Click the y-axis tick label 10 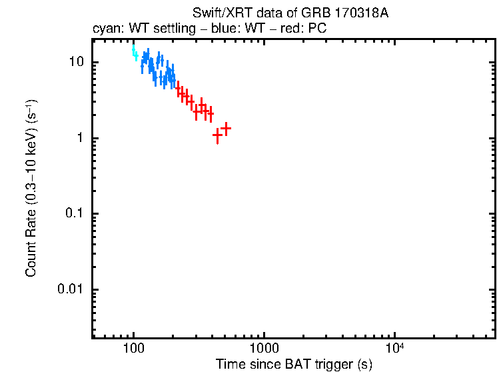pos(75,62)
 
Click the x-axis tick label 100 pos(134,349)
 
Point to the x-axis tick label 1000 pos(264,349)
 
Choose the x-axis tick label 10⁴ pos(395,348)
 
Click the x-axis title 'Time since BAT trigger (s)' pos(294,364)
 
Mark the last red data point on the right pos(226,128)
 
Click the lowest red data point pos(217,135)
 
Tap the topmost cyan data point pos(133,49)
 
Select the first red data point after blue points pos(179,89)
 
